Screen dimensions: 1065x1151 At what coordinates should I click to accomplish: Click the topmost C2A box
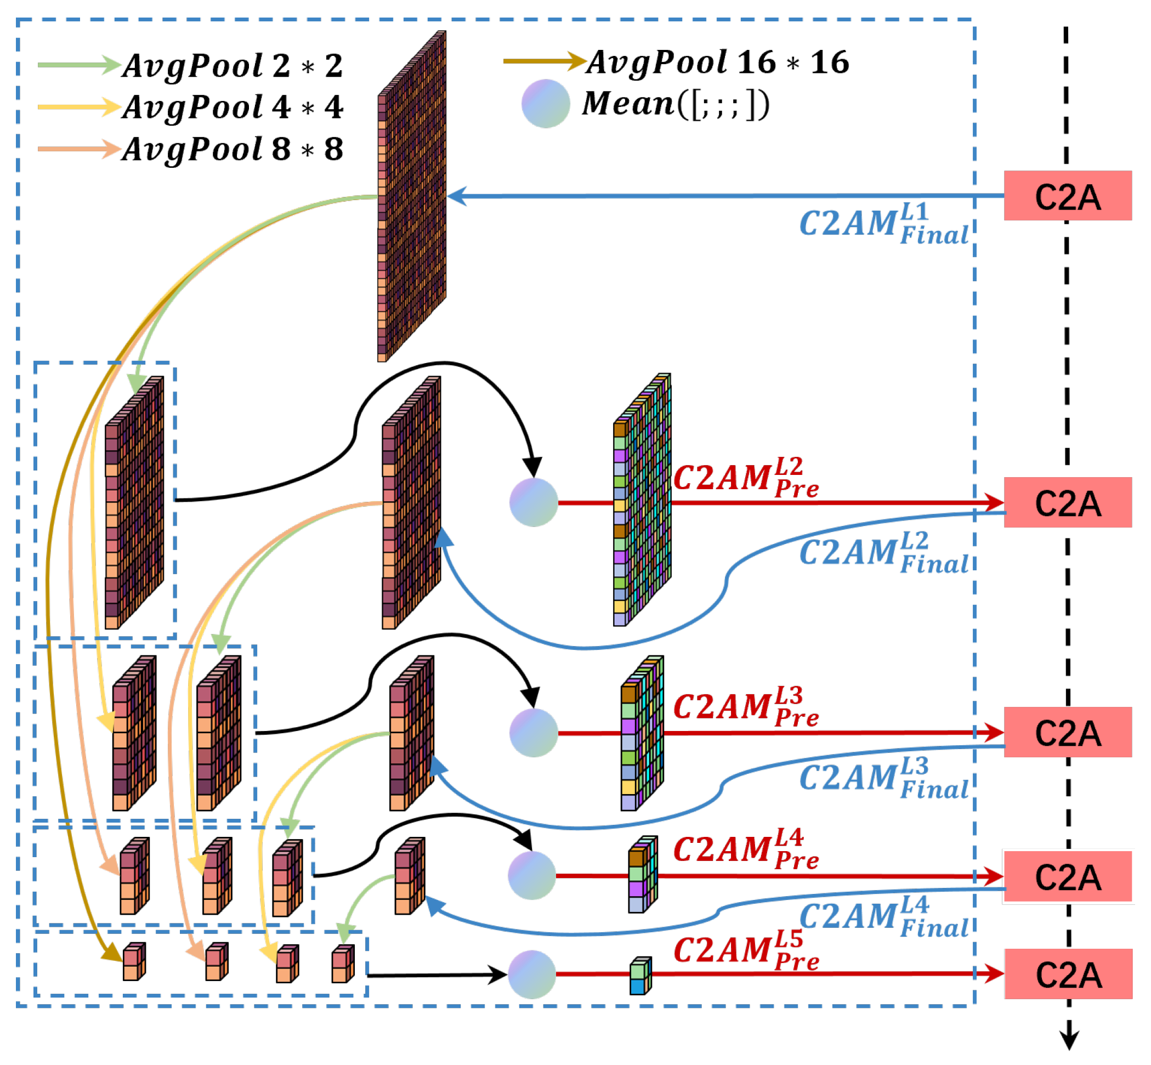(x=1068, y=196)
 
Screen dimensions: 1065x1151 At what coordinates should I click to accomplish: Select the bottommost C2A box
(x=1068, y=973)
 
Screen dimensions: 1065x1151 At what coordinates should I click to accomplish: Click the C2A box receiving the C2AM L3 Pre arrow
(x=1068, y=732)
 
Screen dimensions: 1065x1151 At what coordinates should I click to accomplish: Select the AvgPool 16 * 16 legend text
(x=718, y=62)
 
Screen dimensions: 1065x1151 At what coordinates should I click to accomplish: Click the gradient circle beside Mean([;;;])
(x=545, y=104)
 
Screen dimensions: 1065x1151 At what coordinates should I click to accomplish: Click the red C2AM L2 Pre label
(x=745, y=478)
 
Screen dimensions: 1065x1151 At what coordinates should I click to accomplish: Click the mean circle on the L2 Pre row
(x=534, y=502)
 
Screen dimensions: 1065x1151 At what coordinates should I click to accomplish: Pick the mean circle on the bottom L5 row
(x=532, y=974)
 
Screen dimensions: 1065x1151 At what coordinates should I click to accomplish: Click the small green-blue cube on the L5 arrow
(x=640, y=976)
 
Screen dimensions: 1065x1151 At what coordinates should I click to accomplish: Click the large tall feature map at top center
(x=411, y=196)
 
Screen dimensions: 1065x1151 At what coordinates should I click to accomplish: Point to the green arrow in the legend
(x=78, y=65)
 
